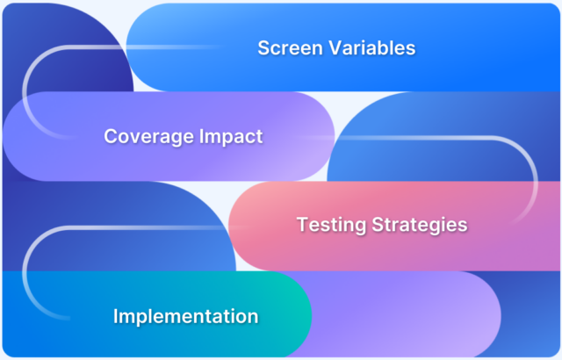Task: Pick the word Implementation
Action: pos(185,316)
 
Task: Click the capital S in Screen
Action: pos(263,47)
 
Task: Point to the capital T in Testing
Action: pos(302,225)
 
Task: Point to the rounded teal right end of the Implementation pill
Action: pos(294,316)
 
